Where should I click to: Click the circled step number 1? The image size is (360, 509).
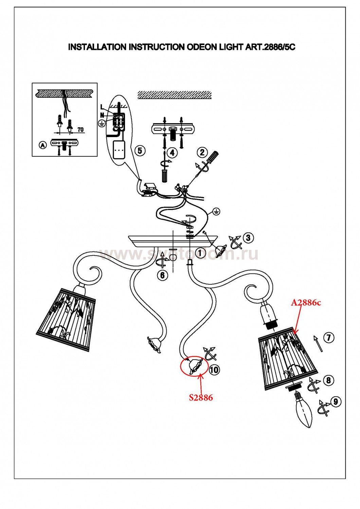pyautogui.click(x=200, y=253)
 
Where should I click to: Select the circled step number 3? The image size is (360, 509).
pyautogui.click(x=248, y=238)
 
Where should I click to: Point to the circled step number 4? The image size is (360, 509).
pyautogui.click(x=173, y=153)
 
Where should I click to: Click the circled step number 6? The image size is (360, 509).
pyautogui.click(x=162, y=275)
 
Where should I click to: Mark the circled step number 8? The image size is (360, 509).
pyautogui.click(x=328, y=380)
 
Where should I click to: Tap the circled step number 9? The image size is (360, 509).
pyautogui.click(x=336, y=402)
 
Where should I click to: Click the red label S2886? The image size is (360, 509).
pyautogui.click(x=201, y=398)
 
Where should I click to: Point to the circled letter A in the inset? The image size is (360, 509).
pyautogui.click(x=42, y=145)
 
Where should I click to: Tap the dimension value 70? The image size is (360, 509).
pyautogui.click(x=80, y=129)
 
